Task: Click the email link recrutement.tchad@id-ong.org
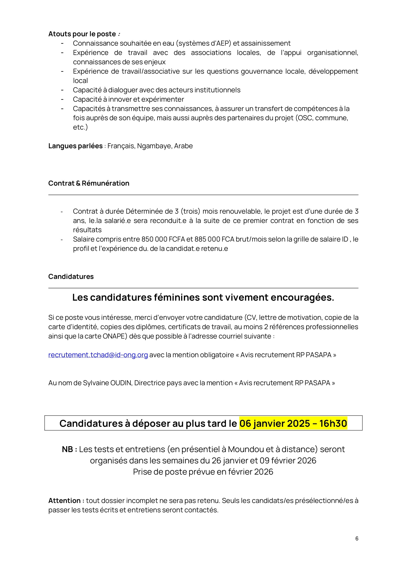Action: [98, 355]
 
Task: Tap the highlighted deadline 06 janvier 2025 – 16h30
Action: [293, 424]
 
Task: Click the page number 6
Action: [357, 538]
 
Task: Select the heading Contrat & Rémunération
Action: [89, 183]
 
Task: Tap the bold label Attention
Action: [64, 501]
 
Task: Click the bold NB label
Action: [69, 449]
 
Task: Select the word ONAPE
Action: [113, 336]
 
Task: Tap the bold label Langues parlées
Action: [75, 146]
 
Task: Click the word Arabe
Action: [183, 146]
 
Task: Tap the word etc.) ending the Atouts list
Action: [80, 127]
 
